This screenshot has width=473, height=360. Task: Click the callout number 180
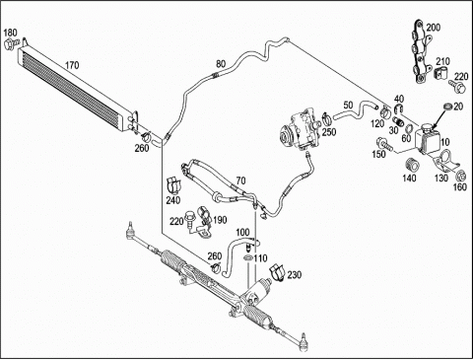click(x=10, y=33)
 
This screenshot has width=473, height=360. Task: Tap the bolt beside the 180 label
click(x=11, y=44)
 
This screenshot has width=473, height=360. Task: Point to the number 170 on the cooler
click(x=72, y=65)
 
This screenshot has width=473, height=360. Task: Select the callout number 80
click(x=221, y=63)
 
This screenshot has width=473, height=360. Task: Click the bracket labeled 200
click(x=420, y=51)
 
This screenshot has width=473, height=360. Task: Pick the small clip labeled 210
click(x=440, y=74)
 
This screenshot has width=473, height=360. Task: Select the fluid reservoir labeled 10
click(x=427, y=138)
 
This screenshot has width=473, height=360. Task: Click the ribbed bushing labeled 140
click(x=412, y=165)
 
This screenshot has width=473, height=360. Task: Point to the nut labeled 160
click(x=460, y=177)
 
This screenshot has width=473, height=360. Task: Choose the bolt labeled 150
click(x=384, y=144)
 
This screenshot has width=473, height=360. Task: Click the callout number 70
click(x=240, y=180)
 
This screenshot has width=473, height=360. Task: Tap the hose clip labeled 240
click(x=173, y=185)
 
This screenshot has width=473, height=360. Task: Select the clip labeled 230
click(x=277, y=271)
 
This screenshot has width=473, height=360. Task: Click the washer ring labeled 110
click(x=248, y=256)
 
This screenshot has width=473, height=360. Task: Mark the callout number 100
click(x=242, y=233)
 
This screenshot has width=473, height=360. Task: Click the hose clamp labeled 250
click(x=326, y=118)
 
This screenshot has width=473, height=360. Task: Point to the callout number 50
click(x=348, y=105)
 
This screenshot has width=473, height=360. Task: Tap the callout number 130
click(x=441, y=178)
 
